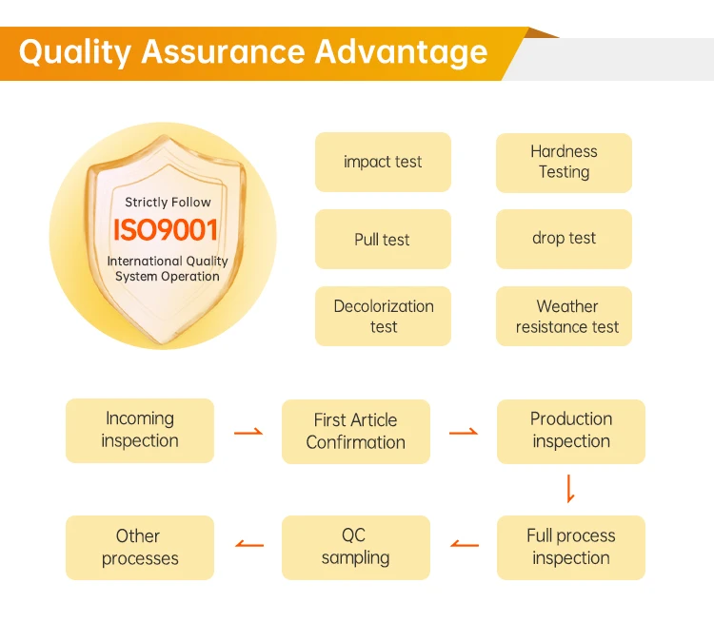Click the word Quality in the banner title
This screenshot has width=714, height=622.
[x=75, y=52]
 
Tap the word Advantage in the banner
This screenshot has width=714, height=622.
[x=401, y=52]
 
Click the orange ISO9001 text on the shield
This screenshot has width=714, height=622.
[x=166, y=230]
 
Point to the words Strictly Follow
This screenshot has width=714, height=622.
[x=168, y=202]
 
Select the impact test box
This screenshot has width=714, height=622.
[x=383, y=162]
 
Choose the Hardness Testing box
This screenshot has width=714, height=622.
[x=564, y=163]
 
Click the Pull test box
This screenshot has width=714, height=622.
[x=383, y=239]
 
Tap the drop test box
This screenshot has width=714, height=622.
[x=564, y=239]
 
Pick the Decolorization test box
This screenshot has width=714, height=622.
[x=383, y=317]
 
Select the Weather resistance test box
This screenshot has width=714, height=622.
[x=564, y=317]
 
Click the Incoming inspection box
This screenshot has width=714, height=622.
[x=140, y=431]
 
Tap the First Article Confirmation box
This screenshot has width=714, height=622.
[x=356, y=432]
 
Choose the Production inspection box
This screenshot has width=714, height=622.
[x=571, y=432]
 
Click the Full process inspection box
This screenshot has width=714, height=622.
[x=571, y=548]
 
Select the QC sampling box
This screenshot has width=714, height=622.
[x=356, y=548]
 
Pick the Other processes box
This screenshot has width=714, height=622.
[x=140, y=548]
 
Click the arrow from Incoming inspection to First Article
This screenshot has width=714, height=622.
[x=248, y=432]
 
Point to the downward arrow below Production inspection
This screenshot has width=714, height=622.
[x=569, y=489]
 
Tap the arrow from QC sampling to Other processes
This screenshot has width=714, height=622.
[x=249, y=544]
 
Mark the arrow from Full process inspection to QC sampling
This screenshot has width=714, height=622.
[x=465, y=544]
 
